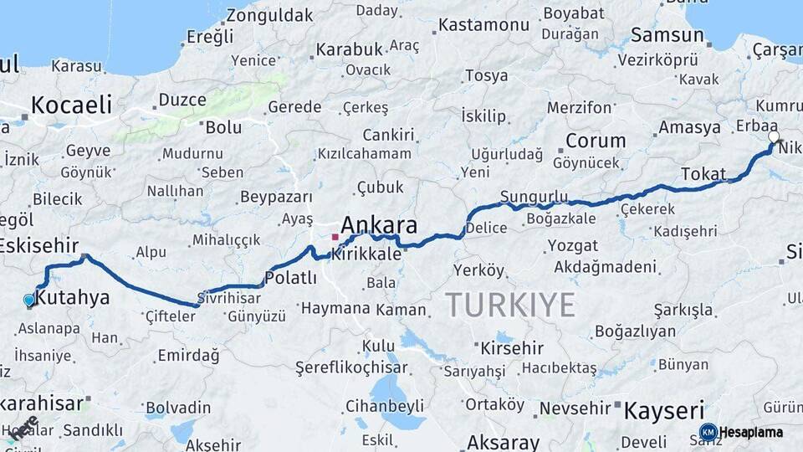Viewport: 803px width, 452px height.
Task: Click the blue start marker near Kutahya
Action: (x=29, y=300)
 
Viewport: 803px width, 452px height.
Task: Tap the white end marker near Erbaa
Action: (x=774, y=136)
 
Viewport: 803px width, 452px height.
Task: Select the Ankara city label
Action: (x=379, y=225)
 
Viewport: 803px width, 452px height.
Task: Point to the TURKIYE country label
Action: (x=509, y=304)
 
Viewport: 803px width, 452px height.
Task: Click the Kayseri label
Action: (x=664, y=410)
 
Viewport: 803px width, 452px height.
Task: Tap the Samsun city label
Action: (x=667, y=35)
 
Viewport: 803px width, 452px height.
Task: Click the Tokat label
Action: (x=703, y=173)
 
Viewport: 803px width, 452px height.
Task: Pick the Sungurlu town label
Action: (x=534, y=197)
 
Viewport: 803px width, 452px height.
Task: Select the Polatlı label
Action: (x=290, y=277)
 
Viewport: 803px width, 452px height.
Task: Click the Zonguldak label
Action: (x=269, y=15)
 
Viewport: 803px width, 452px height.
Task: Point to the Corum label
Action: (x=596, y=141)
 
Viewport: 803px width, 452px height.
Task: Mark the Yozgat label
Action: (x=572, y=245)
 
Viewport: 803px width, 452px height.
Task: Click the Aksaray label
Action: (x=503, y=442)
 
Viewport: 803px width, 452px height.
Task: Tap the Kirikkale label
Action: (x=366, y=254)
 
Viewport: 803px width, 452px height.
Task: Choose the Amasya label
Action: (x=689, y=127)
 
